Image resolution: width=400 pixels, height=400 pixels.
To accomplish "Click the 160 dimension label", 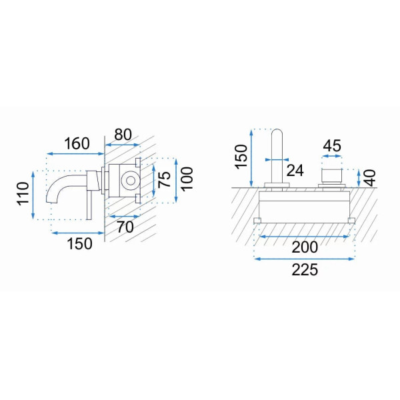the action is [77, 143].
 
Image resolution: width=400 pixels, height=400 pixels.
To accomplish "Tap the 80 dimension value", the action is [123, 135].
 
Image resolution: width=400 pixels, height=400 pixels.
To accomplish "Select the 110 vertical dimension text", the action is [23, 193].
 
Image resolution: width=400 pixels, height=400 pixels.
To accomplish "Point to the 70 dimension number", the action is [125, 227].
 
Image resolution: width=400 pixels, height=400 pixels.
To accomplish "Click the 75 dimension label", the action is [164, 179].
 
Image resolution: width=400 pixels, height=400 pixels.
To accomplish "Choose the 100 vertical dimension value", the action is [187, 179].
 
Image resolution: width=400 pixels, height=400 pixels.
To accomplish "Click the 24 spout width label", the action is [295, 171].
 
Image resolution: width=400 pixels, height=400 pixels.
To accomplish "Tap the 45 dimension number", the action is [332, 146].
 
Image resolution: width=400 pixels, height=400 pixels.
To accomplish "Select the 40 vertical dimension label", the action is [370, 178].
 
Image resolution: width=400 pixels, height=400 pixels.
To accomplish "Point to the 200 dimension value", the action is [305, 247].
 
